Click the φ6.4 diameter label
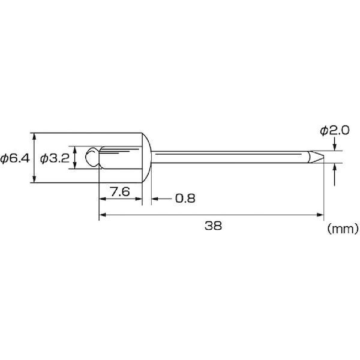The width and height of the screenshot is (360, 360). point(15,158)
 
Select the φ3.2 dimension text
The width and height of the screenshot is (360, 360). point(55,158)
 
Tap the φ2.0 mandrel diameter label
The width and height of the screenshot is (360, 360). point(335,131)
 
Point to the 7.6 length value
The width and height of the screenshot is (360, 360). point(120,192)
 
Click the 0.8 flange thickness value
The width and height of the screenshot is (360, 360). point(185,199)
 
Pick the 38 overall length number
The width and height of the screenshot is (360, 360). point(213,226)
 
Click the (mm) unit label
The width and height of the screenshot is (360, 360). point(343,229)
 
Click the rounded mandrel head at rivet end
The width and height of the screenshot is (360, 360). point(92,157)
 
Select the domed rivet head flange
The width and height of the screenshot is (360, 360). point(147,158)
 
